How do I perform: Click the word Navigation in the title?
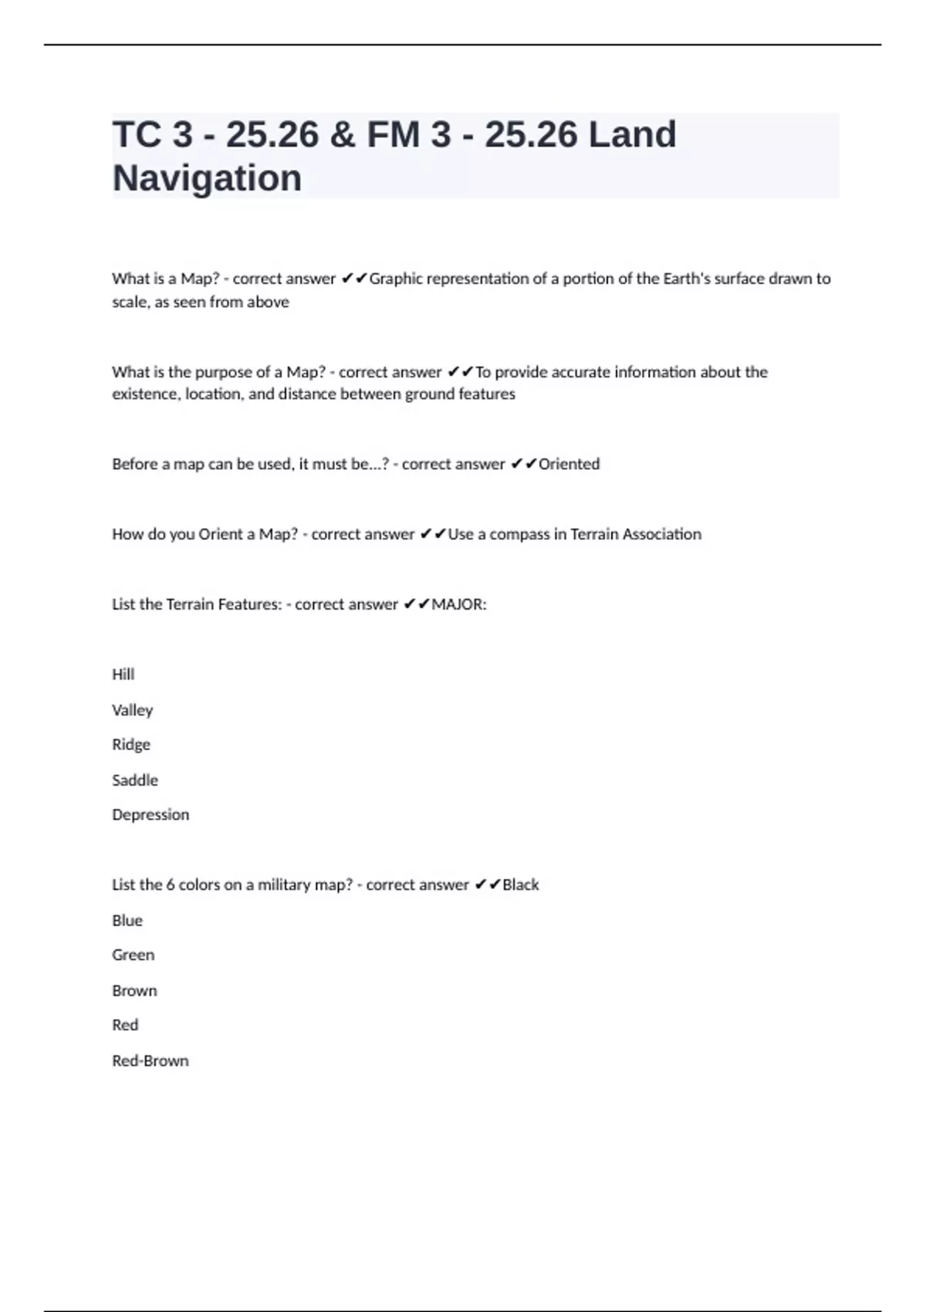coord(207,178)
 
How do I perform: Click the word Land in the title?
coord(632,134)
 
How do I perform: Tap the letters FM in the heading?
coord(393,134)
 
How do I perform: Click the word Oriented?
coord(569,464)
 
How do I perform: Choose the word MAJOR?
coord(459,604)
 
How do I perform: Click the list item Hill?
coord(123,675)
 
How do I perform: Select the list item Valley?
coord(132,710)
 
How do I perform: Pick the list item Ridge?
coord(130,745)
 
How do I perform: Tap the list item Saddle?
coord(134,780)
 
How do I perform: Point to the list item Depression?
coord(150,815)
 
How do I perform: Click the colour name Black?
coord(520,885)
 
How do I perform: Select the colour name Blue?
coord(127,921)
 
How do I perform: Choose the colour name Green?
coord(133,955)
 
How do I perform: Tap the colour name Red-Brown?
coord(150,1061)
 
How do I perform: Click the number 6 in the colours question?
coord(170,885)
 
